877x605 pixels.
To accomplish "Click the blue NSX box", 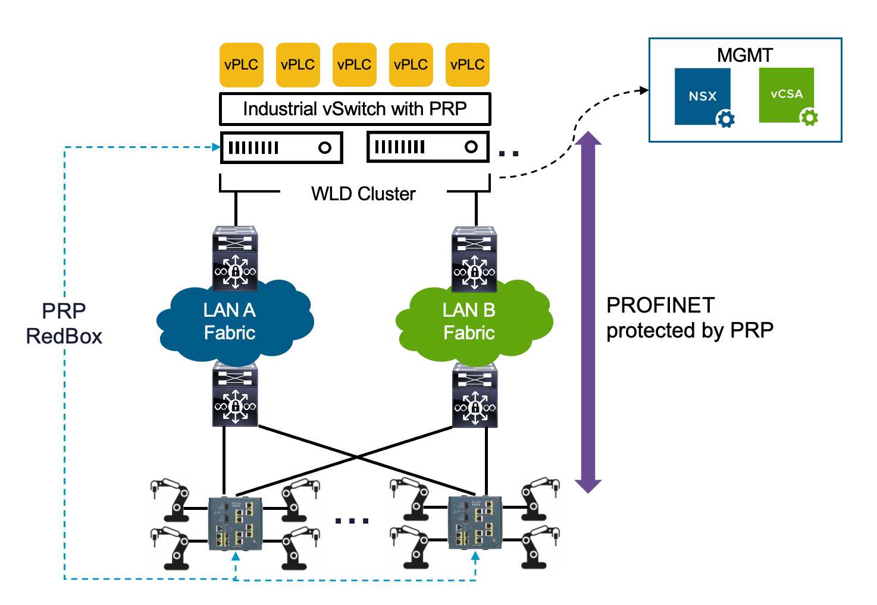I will click(x=702, y=96).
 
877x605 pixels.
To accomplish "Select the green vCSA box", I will click(x=786, y=94).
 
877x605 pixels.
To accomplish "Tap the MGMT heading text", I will click(x=744, y=55).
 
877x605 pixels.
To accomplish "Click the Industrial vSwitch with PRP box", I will click(x=355, y=109).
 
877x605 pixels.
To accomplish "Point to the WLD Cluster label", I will click(x=363, y=194).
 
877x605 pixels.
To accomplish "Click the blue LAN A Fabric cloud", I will click(x=235, y=324).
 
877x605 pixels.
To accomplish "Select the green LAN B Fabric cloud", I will click(x=474, y=324).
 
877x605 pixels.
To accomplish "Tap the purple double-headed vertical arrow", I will click(x=588, y=312).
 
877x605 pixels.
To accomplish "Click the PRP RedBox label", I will click(x=64, y=323).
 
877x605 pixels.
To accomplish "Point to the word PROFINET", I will click(x=660, y=305).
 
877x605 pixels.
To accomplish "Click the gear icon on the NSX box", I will click(x=725, y=119).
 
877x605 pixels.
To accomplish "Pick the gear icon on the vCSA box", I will click(x=809, y=117).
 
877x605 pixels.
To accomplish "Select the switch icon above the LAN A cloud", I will click(x=236, y=259).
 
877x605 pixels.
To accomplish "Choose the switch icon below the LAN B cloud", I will click(x=475, y=395).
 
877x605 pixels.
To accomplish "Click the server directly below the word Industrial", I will click(x=281, y=147).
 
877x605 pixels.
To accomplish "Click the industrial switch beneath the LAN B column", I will click(x=475, y=522).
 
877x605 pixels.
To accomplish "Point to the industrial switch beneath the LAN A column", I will click(x=236, y=522).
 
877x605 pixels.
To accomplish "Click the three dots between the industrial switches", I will click(x=352, y=521).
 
